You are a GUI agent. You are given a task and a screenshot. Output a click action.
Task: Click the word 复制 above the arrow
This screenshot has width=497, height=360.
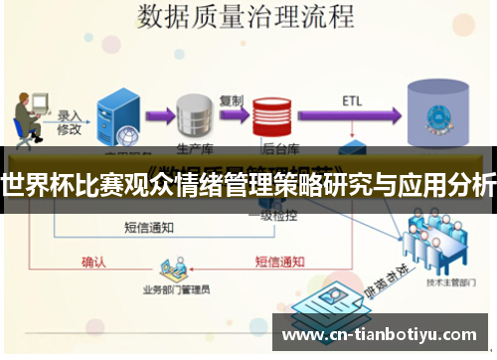pyautogui.click(x=231, y=100)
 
